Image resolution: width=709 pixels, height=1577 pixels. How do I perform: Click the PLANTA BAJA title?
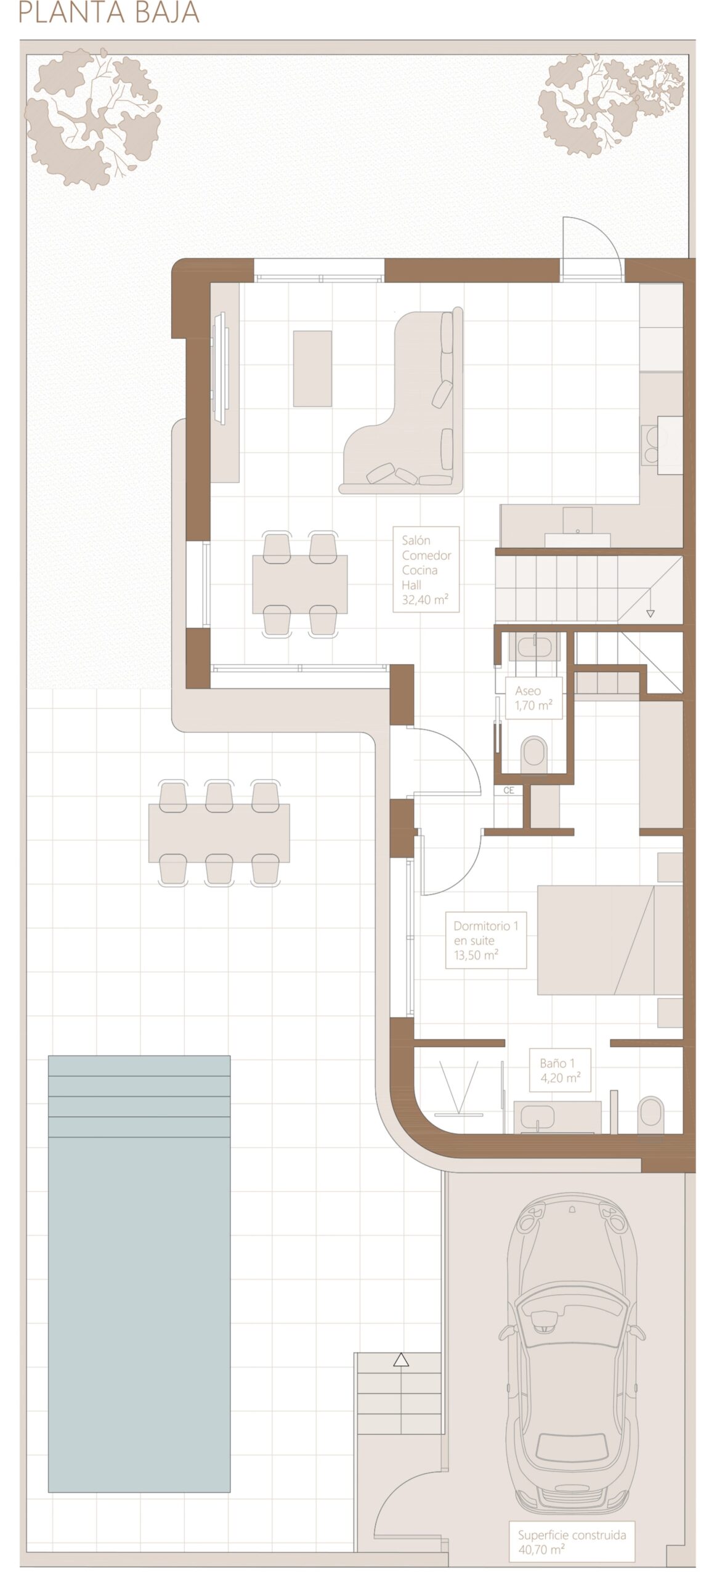click(109, 12)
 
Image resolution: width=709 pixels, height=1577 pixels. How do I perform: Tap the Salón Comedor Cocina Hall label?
click(426, 569)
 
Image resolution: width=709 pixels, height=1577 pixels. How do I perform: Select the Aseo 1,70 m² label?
click(533, 698)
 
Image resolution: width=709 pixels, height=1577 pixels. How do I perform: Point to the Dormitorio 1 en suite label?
click(486, 940)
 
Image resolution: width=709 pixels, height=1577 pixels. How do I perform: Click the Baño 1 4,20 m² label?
click(560, 1070)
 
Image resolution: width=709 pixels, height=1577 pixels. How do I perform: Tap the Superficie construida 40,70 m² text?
click(572, 1542)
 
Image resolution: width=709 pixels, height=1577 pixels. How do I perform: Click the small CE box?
click(509, 790)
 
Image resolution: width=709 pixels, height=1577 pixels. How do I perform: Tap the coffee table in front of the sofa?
click(312, 368)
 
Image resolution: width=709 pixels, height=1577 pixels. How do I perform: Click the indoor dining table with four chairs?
click(300, 583)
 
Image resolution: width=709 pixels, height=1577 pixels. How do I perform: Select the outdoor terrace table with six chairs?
click(219, 833)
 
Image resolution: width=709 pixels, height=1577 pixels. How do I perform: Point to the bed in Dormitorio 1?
click(610, 940)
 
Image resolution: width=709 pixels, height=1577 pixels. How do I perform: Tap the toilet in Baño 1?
click(652, 1115)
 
